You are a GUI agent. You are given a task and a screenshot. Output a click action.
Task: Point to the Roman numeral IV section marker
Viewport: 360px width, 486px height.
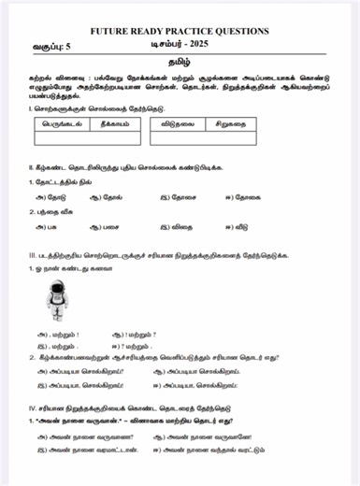click(x=33, y=407)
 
